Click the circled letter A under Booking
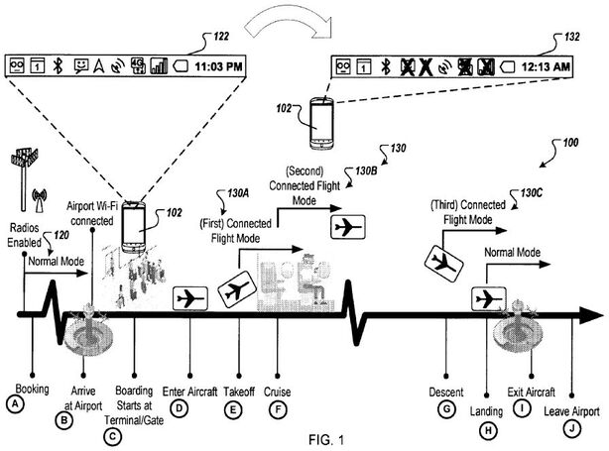pos(15,403)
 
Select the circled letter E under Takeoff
pos(234,409)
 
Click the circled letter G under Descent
pos(446,408)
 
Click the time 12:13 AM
pos(549,67)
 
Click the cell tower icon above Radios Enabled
pos(26,165)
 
